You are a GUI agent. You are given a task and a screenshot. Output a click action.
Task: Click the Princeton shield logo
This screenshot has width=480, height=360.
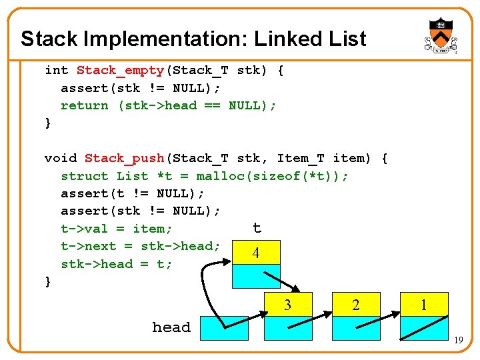(x=441, y=35)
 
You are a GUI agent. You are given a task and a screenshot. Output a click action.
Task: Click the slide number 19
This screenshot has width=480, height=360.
(x=458, y=341)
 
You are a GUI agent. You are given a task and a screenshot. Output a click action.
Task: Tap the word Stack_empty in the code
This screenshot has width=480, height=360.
(x=120, y=70)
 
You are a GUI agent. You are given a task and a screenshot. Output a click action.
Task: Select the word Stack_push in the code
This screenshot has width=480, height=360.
(x=124, y=158)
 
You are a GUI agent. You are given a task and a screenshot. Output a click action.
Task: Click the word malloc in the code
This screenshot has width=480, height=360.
(x=220, y=176)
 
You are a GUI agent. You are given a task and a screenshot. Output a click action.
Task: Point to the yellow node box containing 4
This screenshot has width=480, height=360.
(x=256, y=253)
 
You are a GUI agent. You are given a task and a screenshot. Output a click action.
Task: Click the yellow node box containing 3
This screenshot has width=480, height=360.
(x=289, y=305)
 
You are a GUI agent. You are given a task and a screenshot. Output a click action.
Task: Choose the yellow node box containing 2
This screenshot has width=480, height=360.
(x=356, y=305)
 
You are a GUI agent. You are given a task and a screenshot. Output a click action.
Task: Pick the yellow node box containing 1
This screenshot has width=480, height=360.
(x=424, y=305)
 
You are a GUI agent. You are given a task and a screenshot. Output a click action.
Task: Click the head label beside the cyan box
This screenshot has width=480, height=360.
(x=171, y=327)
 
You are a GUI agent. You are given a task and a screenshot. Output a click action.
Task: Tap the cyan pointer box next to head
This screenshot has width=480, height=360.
(x=223, y=328)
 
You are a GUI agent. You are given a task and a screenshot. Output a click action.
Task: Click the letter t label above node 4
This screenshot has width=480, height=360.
(x=257, y=229)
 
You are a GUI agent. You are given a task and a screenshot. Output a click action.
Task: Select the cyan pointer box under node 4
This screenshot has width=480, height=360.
(x=256, y=276)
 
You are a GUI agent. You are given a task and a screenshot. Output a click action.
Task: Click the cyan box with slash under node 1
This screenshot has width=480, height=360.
(x=424, y=328)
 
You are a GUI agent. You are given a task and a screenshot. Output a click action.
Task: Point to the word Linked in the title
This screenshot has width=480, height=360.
(x=279, y=39)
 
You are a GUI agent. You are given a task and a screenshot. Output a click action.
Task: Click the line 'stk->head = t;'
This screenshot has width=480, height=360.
(x=117, y=264)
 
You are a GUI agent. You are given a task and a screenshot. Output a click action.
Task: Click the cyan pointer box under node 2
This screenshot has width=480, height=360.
(x=356, y=328)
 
